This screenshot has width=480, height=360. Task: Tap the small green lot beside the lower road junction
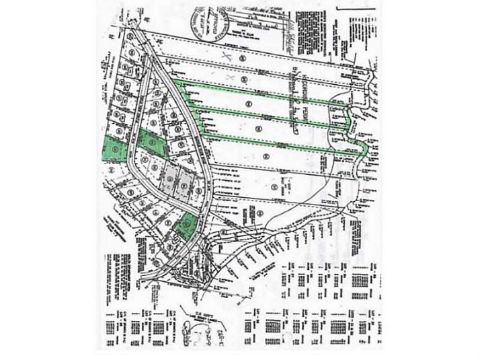(184, 225)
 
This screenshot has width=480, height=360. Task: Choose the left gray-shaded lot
(169, 179)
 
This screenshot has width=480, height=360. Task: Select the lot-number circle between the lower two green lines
(258, 126)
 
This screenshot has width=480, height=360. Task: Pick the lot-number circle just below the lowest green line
(267, 157)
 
